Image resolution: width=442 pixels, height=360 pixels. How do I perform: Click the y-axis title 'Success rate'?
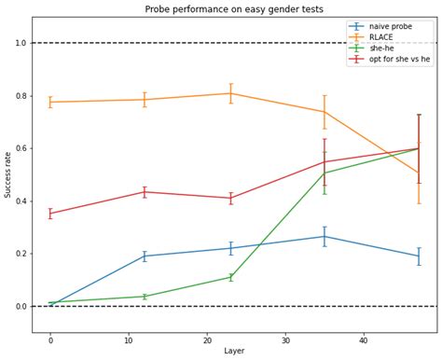8,174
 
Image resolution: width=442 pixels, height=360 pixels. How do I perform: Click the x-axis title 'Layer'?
233,352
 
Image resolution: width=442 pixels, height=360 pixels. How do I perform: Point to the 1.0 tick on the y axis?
21,43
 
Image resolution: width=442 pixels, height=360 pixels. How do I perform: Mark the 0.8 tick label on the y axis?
21,96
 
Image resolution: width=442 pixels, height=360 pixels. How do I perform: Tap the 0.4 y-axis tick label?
21,201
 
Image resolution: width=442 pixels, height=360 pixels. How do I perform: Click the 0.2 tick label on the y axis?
21,254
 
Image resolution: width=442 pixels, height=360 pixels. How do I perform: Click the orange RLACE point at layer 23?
230,93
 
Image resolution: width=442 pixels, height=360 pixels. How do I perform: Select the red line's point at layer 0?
50,214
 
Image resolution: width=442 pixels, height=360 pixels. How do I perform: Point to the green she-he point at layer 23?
230,277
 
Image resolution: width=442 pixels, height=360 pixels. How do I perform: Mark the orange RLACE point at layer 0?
50,102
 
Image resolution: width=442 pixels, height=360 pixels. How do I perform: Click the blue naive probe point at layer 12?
145,256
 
